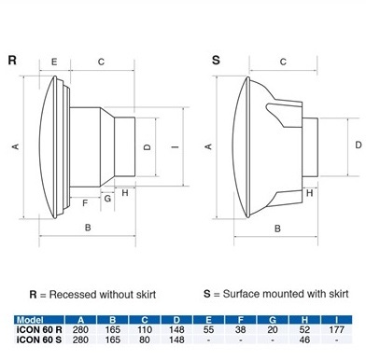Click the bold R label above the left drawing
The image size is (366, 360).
tap(12, 60)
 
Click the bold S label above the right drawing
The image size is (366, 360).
tap(216, 60)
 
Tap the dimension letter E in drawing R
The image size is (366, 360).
tap(54, 62)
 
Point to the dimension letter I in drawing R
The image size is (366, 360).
tap(176, 146)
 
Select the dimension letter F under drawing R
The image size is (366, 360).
tap(85, 203)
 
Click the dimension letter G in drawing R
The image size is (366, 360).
tap(107, 198)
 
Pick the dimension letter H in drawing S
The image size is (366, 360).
tap(309, 193)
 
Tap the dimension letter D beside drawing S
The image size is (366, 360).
tap(359, 145)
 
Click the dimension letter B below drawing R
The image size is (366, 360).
tap(88, 228)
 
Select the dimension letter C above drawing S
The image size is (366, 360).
tap(283, 62)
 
